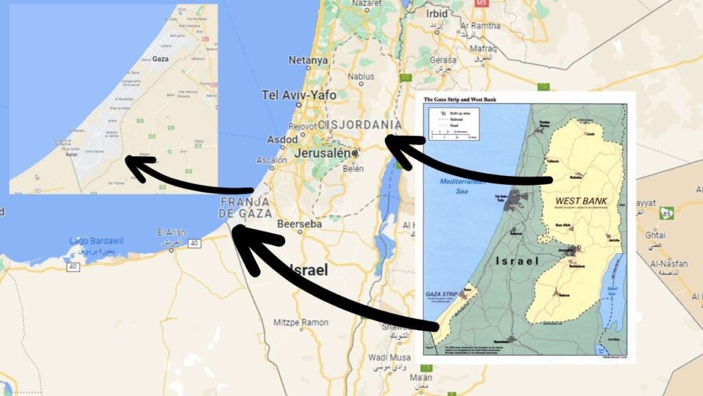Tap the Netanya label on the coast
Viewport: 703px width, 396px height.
(x=308, y=60)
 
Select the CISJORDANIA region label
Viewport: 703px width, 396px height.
(x=360, y=124)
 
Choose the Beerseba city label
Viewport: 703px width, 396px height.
(x=300, y=224)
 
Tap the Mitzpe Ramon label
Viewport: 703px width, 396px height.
(x=301, y=322)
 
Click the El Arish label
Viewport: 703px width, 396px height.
(x=172, y=232)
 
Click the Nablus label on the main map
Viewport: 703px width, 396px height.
(x=361, y=77)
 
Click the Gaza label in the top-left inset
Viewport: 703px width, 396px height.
(x=161, y=60)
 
